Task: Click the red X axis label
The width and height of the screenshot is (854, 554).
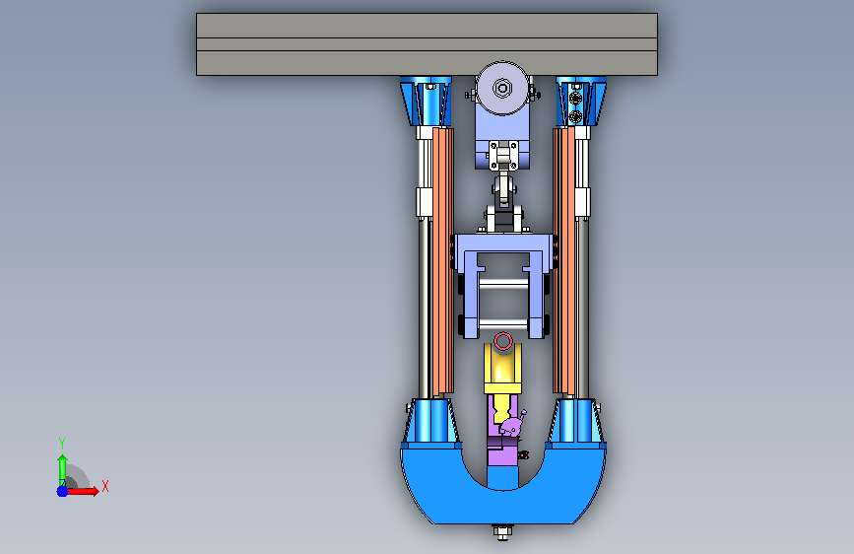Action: (105, 486)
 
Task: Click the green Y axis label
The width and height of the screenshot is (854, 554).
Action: (62, 444)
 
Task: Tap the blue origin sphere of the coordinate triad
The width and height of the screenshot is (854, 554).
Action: (63, 491)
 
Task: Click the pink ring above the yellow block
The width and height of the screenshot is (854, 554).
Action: (503, 342)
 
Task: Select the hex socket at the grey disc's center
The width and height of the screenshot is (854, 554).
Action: (502, 88)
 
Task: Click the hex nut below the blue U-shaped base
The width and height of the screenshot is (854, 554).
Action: (502, 531)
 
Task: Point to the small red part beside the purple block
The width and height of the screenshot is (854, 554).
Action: (523, 454)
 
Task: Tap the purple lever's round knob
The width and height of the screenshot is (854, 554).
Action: (523, 413)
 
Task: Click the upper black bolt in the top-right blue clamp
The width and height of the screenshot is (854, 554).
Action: (575, 99)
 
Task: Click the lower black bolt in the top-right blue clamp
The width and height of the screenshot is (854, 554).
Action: (575, 116)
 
